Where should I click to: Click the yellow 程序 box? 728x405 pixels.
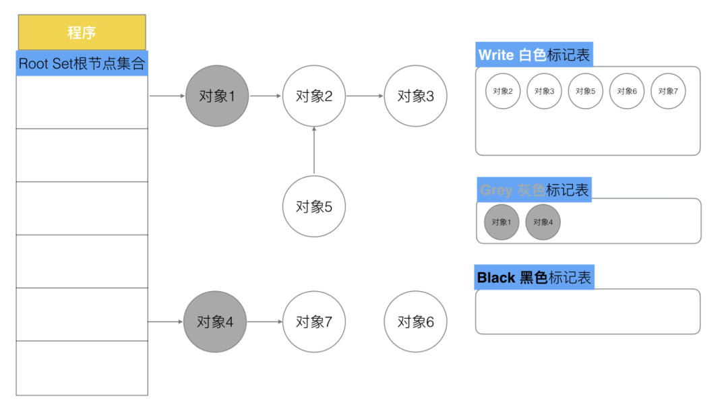[x=82, y=32]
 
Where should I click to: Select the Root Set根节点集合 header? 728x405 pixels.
[x=82, y=64]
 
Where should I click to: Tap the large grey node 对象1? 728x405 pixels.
[x=217, y=96]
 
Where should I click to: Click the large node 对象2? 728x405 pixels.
[x=313, y=96]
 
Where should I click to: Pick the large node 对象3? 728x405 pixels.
[x=415, y=96]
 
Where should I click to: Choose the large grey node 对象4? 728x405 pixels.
[x=215, y=321]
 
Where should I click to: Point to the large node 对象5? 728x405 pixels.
[x=313, y=206]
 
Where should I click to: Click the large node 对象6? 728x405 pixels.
[x=415, y=321]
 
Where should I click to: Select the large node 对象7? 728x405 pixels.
[x=313, y=321]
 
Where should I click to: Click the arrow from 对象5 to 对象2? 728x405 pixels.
[x=313, y=151]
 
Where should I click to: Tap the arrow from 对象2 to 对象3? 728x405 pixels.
[x=365, y=96]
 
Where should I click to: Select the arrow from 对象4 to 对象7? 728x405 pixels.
[x=264, y=321]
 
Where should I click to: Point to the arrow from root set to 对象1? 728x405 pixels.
[x=167, y=96]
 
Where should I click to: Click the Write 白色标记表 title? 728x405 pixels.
[x=534, y=55]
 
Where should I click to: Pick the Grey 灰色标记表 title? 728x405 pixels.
[x=534, y=190]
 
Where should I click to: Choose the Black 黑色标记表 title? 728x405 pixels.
[x=534, y=277]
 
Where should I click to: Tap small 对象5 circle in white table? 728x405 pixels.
[x=585, y=91]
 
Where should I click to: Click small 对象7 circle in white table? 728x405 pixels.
[x=668, y=91]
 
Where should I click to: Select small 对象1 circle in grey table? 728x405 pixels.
[x=501, y=222]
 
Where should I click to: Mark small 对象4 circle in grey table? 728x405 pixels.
[x=543, y=222]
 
